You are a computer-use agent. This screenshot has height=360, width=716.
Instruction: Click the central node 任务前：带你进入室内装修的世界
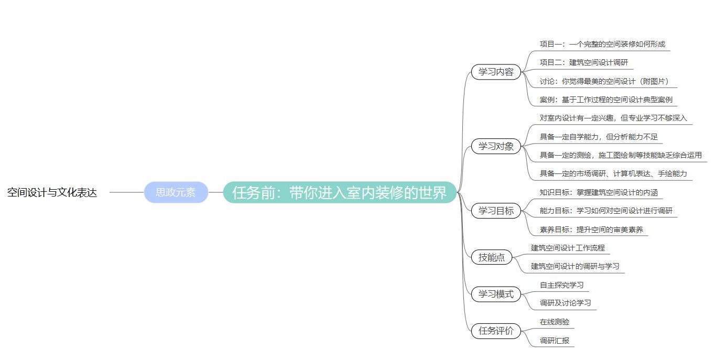340,192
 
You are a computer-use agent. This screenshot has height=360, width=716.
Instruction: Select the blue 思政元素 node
176,192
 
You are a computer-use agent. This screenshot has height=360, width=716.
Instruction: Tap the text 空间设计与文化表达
52,192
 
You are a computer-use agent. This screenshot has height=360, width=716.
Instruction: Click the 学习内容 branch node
496,72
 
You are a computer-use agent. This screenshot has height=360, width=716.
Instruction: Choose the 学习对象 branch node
496,146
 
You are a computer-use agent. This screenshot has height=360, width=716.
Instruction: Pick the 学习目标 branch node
496,211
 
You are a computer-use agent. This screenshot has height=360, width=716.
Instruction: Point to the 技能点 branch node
492,257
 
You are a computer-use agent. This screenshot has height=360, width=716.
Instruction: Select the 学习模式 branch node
496,294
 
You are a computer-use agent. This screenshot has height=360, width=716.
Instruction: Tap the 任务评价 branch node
496,331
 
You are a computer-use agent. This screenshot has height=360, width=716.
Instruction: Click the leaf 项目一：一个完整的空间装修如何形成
602,44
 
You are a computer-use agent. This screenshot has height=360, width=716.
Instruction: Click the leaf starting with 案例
606,100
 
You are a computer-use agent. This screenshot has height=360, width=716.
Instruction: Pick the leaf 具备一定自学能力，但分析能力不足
598,137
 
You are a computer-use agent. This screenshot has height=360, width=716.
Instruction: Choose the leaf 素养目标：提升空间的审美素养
591,230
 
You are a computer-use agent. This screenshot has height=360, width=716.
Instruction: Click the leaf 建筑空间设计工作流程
568,248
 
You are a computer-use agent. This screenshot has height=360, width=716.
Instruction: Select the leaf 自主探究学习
561,285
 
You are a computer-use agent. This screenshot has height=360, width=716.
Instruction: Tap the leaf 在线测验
555,322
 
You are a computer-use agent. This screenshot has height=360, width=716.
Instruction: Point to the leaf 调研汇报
555,341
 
